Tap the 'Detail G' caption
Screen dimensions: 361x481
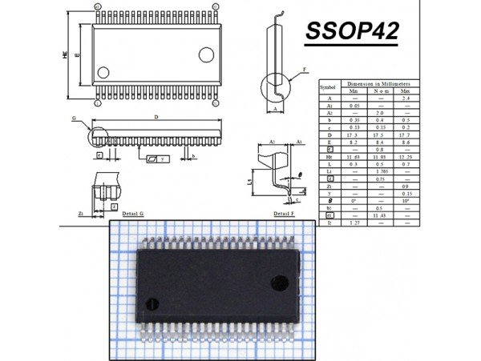click(x=132, y=215)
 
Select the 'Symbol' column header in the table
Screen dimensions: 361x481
click(x=328, y=86)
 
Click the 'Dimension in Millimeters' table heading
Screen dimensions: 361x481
click(x=379, y=83)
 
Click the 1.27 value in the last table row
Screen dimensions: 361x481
click(x=354, y=223)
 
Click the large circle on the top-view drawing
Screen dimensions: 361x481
click(x=206, y=54)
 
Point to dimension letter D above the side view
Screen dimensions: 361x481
click(x=156, y=118)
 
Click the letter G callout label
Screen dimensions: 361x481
click(x=73, y=118)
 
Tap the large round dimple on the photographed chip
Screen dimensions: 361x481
click(x=281, y=282)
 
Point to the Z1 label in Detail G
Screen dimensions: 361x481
click(x=81, y=215)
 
